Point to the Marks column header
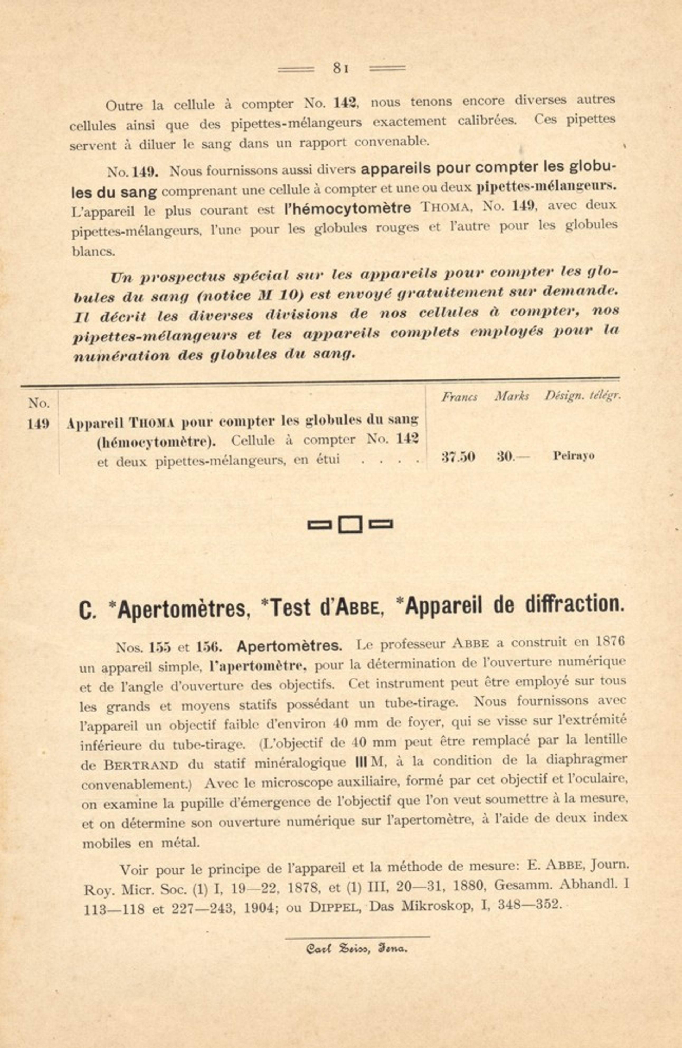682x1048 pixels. (511, 396)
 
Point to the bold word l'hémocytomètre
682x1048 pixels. (348, 208)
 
